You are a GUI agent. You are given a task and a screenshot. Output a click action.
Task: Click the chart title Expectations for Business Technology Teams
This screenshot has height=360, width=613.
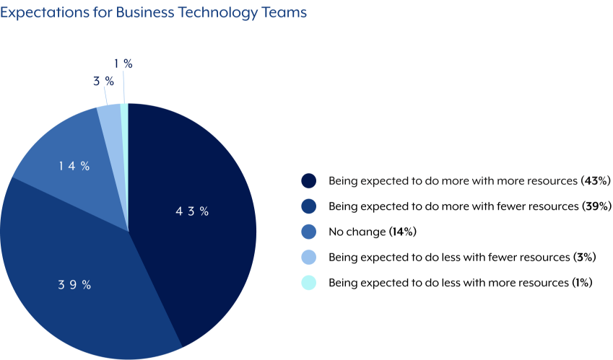coord(153,12)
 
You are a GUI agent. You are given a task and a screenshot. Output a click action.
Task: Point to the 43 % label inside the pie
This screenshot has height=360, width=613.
coord(192,211)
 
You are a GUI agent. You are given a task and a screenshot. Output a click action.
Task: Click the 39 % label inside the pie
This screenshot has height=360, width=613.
coord(74,284)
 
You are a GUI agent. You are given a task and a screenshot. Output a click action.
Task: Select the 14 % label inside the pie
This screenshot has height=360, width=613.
coord(74,166)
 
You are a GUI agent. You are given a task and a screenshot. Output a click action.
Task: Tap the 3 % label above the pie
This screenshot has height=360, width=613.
coord(103,81)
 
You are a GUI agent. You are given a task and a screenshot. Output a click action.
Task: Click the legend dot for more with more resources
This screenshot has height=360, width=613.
coord(309,180)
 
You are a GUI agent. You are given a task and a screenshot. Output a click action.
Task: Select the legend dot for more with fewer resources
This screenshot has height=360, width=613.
coord(309,206)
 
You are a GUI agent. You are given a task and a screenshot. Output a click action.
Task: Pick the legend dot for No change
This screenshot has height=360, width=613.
coord(309,232)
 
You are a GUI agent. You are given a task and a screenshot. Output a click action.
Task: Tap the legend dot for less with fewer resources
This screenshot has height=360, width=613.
coord(309,257)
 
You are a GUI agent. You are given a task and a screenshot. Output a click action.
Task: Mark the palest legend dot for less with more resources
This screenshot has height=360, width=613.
coord(309,283)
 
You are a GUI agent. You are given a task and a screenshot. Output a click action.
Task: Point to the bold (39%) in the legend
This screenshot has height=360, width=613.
coord(596,206)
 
